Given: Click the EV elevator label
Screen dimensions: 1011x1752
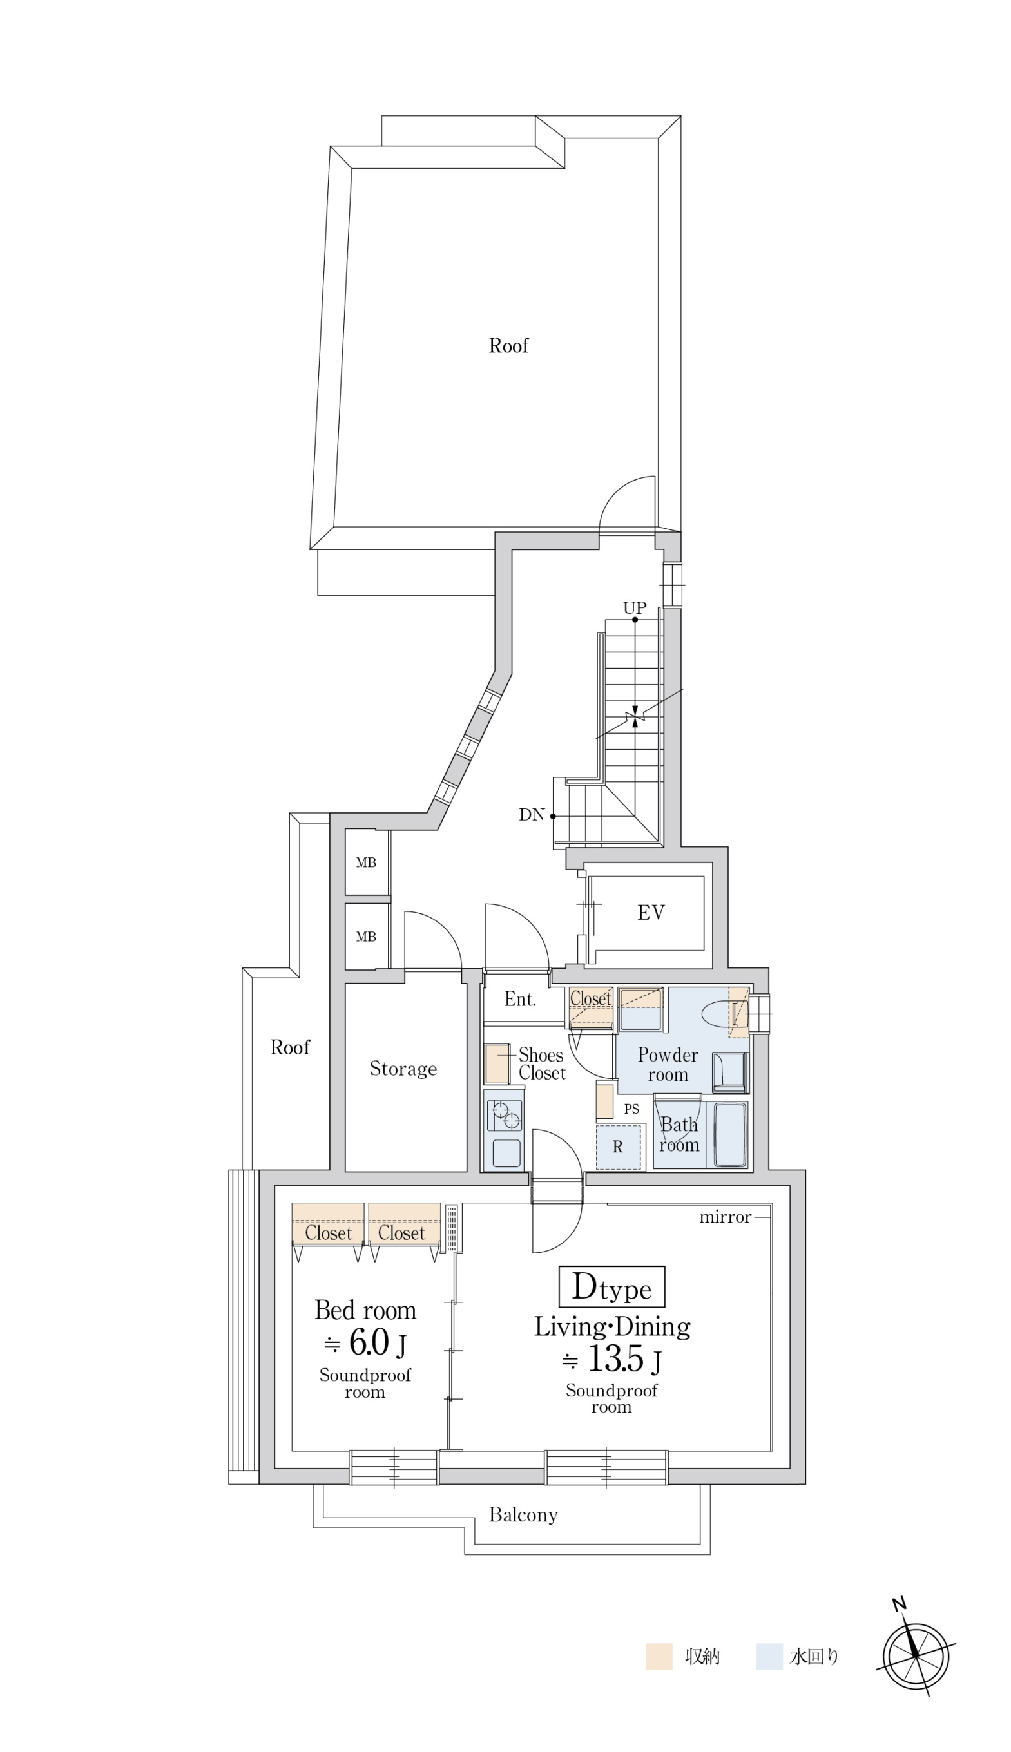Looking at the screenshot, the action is tap(651, 912).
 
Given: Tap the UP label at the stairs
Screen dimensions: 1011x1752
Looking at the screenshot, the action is tap(635, 608).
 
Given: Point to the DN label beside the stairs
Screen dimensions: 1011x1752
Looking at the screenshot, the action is tap(531, 815).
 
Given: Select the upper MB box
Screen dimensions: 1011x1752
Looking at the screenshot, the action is tap(367, 862).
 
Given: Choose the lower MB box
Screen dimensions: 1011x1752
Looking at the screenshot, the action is tap(367, 937).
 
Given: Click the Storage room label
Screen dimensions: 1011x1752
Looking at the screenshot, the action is tap(403, 1069).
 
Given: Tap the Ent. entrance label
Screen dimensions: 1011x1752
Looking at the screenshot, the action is tap(520, 1000).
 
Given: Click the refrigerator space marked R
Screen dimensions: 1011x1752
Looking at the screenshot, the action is tap(618, 1147).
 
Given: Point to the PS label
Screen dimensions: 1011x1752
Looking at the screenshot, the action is tap(631, 1109).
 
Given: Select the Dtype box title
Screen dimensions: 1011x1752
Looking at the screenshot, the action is tap(611, 1287).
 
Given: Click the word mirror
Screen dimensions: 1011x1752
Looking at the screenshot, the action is tap(726, 1217).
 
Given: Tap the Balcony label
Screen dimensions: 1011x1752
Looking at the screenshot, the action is tap(524, 1514).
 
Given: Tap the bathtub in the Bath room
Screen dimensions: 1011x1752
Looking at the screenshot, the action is tap(731, 1134).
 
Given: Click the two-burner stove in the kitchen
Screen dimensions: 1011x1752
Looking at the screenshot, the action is tap(503, 1116).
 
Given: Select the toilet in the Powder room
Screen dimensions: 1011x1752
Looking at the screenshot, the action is tap(723, 1014).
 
